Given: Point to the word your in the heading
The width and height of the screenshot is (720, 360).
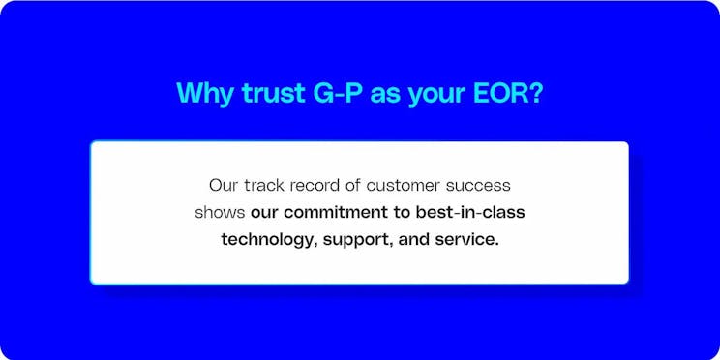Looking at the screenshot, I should pyautogui.click(x=436, y=95).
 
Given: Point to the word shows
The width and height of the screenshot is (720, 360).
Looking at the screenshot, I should pyautogui.click(x=220, y=211).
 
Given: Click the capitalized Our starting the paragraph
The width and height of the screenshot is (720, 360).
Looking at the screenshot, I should pyautogui.click(x=223, y=184).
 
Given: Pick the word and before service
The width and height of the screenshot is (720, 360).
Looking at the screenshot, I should pyautogui.click(x=413, y=238).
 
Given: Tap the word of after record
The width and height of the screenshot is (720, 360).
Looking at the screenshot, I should pyautogui.click(x=361, y=184).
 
